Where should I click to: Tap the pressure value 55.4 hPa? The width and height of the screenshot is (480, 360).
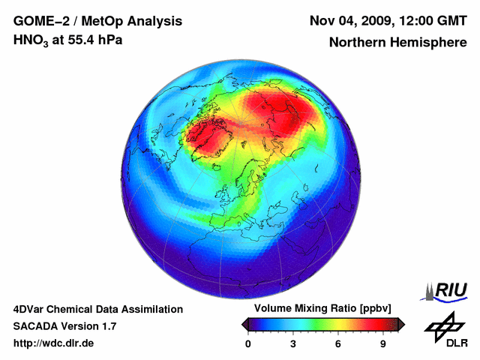(x=95, y=40)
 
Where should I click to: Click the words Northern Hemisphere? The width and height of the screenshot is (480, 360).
(x=397, y=43)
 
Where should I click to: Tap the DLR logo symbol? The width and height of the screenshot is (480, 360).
(x=444, y=327)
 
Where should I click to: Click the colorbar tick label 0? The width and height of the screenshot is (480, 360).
(x=248, y=343)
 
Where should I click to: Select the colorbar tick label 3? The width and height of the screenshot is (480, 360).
(x=293, y=343)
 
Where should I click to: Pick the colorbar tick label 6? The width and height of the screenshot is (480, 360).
(x=338, y=343)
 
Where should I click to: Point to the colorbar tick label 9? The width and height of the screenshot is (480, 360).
(x=382, y=343)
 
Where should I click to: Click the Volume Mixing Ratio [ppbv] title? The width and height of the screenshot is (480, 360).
(x=319, y=309)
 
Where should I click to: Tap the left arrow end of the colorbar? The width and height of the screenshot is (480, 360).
(x=245, y=324)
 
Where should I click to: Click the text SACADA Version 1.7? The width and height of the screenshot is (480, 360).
(x=64, y=326)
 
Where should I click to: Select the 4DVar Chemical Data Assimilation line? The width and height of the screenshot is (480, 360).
(x=97, y=309)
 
